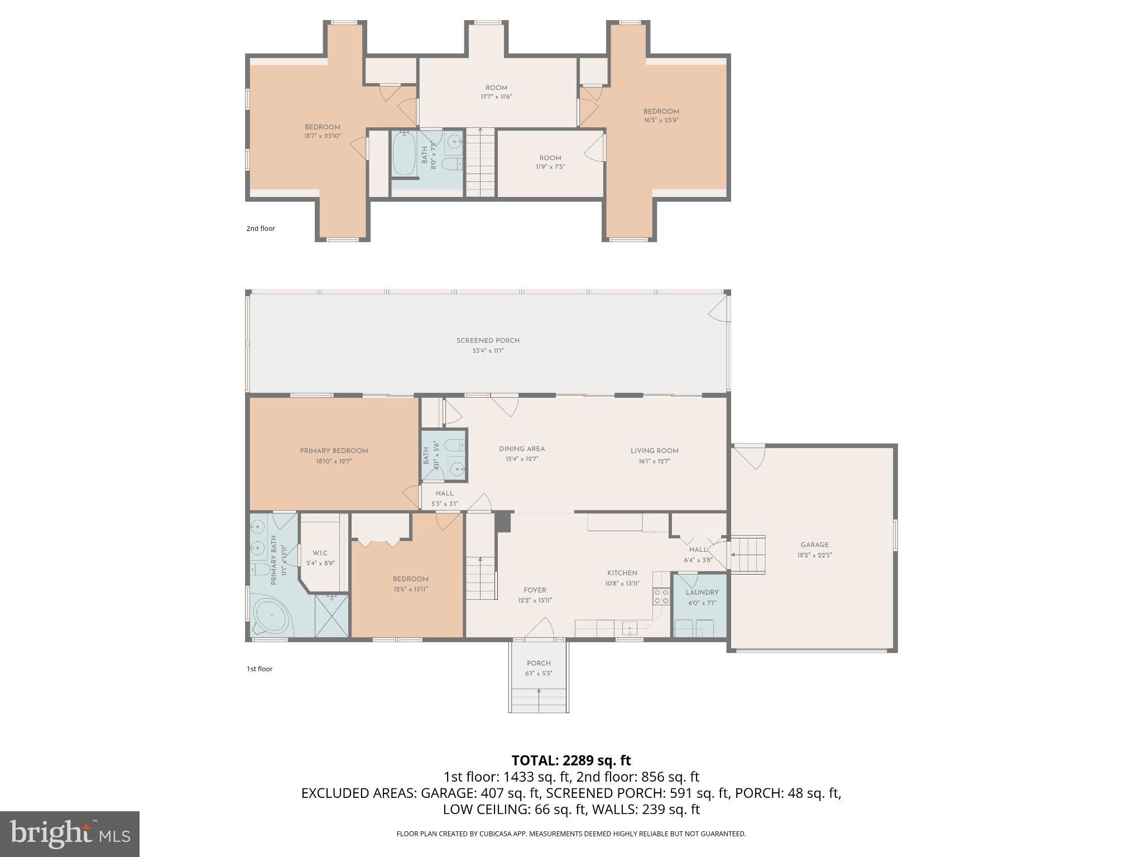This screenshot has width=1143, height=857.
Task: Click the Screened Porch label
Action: point(488,340)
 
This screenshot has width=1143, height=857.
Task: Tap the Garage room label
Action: point(814,545)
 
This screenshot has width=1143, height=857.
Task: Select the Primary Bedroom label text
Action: point(334,451)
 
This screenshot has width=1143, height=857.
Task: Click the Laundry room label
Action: point(702,593)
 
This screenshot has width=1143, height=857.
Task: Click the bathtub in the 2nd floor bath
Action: point(403,153)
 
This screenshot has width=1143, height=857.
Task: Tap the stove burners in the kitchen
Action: point(661,596)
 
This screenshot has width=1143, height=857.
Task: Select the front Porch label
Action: point(539,663)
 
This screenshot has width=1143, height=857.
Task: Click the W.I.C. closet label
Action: point(320,553)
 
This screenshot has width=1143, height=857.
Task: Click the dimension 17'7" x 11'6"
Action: point(496,97)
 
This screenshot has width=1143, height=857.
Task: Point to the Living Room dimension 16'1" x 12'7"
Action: point(654,461)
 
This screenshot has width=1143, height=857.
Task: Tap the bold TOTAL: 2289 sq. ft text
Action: point(571,760)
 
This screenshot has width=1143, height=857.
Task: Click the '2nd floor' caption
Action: point(261,228)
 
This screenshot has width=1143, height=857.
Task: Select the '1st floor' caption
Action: point(260,669)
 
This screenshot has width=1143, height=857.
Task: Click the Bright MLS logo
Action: point(69,834)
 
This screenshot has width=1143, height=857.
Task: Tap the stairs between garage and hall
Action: point(747,554)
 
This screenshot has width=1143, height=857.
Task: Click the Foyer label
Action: point(535,590)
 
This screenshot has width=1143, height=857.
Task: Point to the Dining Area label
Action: point(521,449)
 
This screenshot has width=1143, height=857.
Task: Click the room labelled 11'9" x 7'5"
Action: point(550,162)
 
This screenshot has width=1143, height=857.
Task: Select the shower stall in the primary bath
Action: point(332,616)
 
